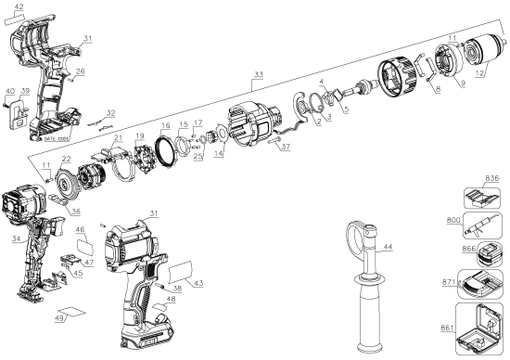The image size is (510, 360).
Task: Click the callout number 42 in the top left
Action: [18, 7]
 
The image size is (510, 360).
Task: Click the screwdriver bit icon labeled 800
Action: [481, 223]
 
